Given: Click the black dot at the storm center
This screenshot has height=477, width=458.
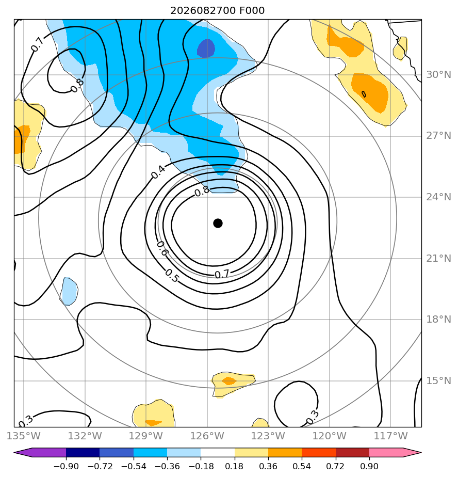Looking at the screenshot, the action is [x=218, y=224].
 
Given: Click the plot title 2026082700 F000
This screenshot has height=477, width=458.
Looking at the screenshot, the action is [x=217, y=11].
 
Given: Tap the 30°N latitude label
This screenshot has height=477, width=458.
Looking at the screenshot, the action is [x=438, y=74].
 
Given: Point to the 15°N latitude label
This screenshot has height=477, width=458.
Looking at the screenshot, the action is [x=438, y=380].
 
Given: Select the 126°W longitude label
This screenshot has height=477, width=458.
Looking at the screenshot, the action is [x=207, y=436].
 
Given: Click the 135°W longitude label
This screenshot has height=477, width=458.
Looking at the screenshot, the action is [x=23, y=436].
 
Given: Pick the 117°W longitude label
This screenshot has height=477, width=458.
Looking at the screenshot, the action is [x=390, y=436].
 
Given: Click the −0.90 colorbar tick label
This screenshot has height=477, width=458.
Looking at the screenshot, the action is [x=66, y=466].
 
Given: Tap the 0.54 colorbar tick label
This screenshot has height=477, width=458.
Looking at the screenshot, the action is [x=302, y=466].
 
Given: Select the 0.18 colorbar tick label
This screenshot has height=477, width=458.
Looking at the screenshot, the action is [x=234, y=466].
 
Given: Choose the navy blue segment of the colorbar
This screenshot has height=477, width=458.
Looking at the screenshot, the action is [x=83, y=453].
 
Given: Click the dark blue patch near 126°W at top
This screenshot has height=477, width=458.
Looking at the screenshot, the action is [x=206, y=49].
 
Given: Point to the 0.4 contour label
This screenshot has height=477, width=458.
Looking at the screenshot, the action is [x=158, y=172].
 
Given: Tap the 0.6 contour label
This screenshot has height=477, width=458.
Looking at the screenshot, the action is [x=162, y=248].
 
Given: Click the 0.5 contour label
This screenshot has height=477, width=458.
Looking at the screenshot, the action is [x=172, y=276].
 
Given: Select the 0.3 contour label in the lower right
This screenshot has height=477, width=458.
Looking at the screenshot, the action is [x=313, y=417].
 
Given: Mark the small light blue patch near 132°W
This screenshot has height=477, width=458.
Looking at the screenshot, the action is [x=69, y=291].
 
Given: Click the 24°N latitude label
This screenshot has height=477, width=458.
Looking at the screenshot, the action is [x=438, y=197].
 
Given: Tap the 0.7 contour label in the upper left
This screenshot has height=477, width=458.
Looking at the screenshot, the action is [x=37, y=45].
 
